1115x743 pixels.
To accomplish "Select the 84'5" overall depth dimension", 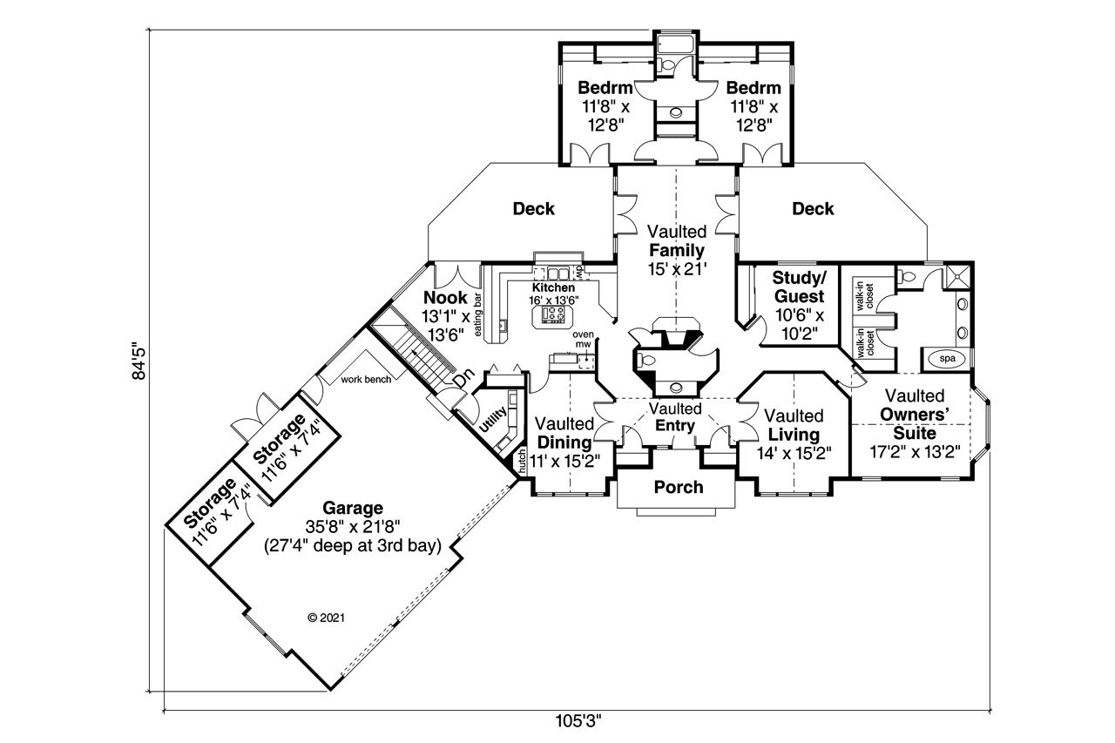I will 136,360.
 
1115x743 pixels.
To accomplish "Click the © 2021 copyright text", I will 328,618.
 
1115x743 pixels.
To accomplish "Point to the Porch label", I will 678,487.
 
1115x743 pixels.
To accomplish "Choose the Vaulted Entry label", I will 676,417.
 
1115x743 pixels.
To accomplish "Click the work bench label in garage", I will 365,379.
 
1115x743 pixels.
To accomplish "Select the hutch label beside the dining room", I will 521,462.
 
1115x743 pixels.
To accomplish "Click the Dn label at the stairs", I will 464,378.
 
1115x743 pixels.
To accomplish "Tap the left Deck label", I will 533,209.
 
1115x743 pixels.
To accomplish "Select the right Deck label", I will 813,209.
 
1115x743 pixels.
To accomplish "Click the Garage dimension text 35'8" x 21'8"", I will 352,526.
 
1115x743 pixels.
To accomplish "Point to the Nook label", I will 446,298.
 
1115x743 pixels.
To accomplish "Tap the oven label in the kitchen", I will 583,334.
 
